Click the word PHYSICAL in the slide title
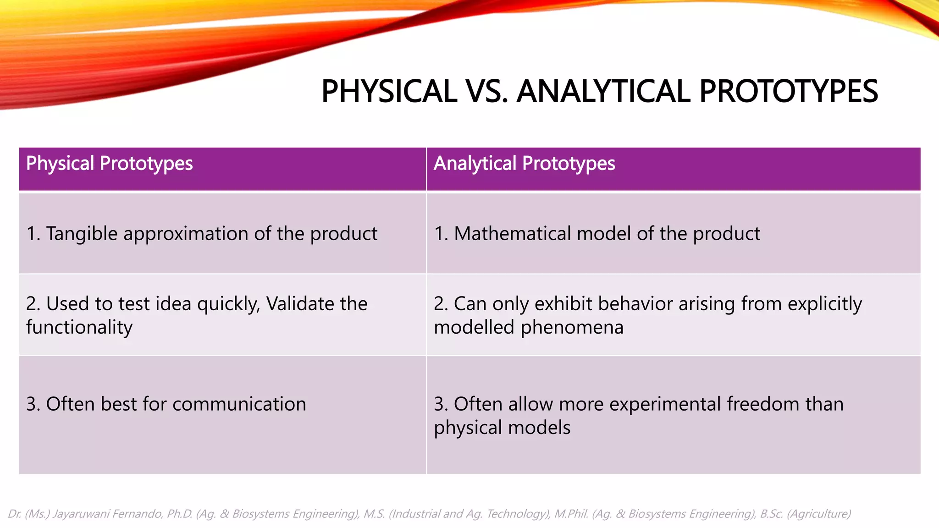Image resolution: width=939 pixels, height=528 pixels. [x=389, y=91]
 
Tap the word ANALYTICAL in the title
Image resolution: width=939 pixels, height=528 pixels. [x=603, y=91]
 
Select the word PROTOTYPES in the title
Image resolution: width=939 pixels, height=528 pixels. [x=789, y=91]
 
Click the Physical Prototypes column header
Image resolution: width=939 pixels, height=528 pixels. [x=109, y=164]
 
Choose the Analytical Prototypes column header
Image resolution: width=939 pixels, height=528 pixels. [x=524, y=164]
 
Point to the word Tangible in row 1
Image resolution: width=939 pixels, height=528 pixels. [x=82, y=234]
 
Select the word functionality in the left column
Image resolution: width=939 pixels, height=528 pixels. [x=79, y=327]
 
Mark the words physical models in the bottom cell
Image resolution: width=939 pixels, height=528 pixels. [x=502, y=428]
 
